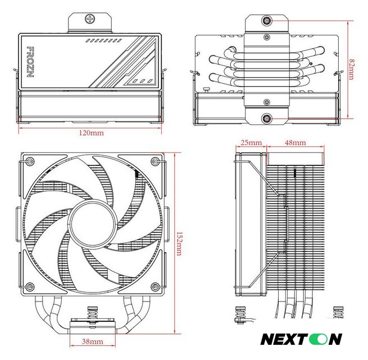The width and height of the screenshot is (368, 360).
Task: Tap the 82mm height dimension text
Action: [x=351, y=69]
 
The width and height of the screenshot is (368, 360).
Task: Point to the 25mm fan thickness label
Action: [x=251, y=142]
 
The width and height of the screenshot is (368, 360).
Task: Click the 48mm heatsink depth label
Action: [x=295, y=142]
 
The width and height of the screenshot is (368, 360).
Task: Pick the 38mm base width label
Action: [x=93, y=341]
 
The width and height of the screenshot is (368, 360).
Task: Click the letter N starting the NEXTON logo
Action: [x=268, y=339]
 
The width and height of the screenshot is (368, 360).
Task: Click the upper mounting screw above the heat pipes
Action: [x=267, y=21]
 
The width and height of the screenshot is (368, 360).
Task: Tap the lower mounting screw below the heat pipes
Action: [x=267, y=119]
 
